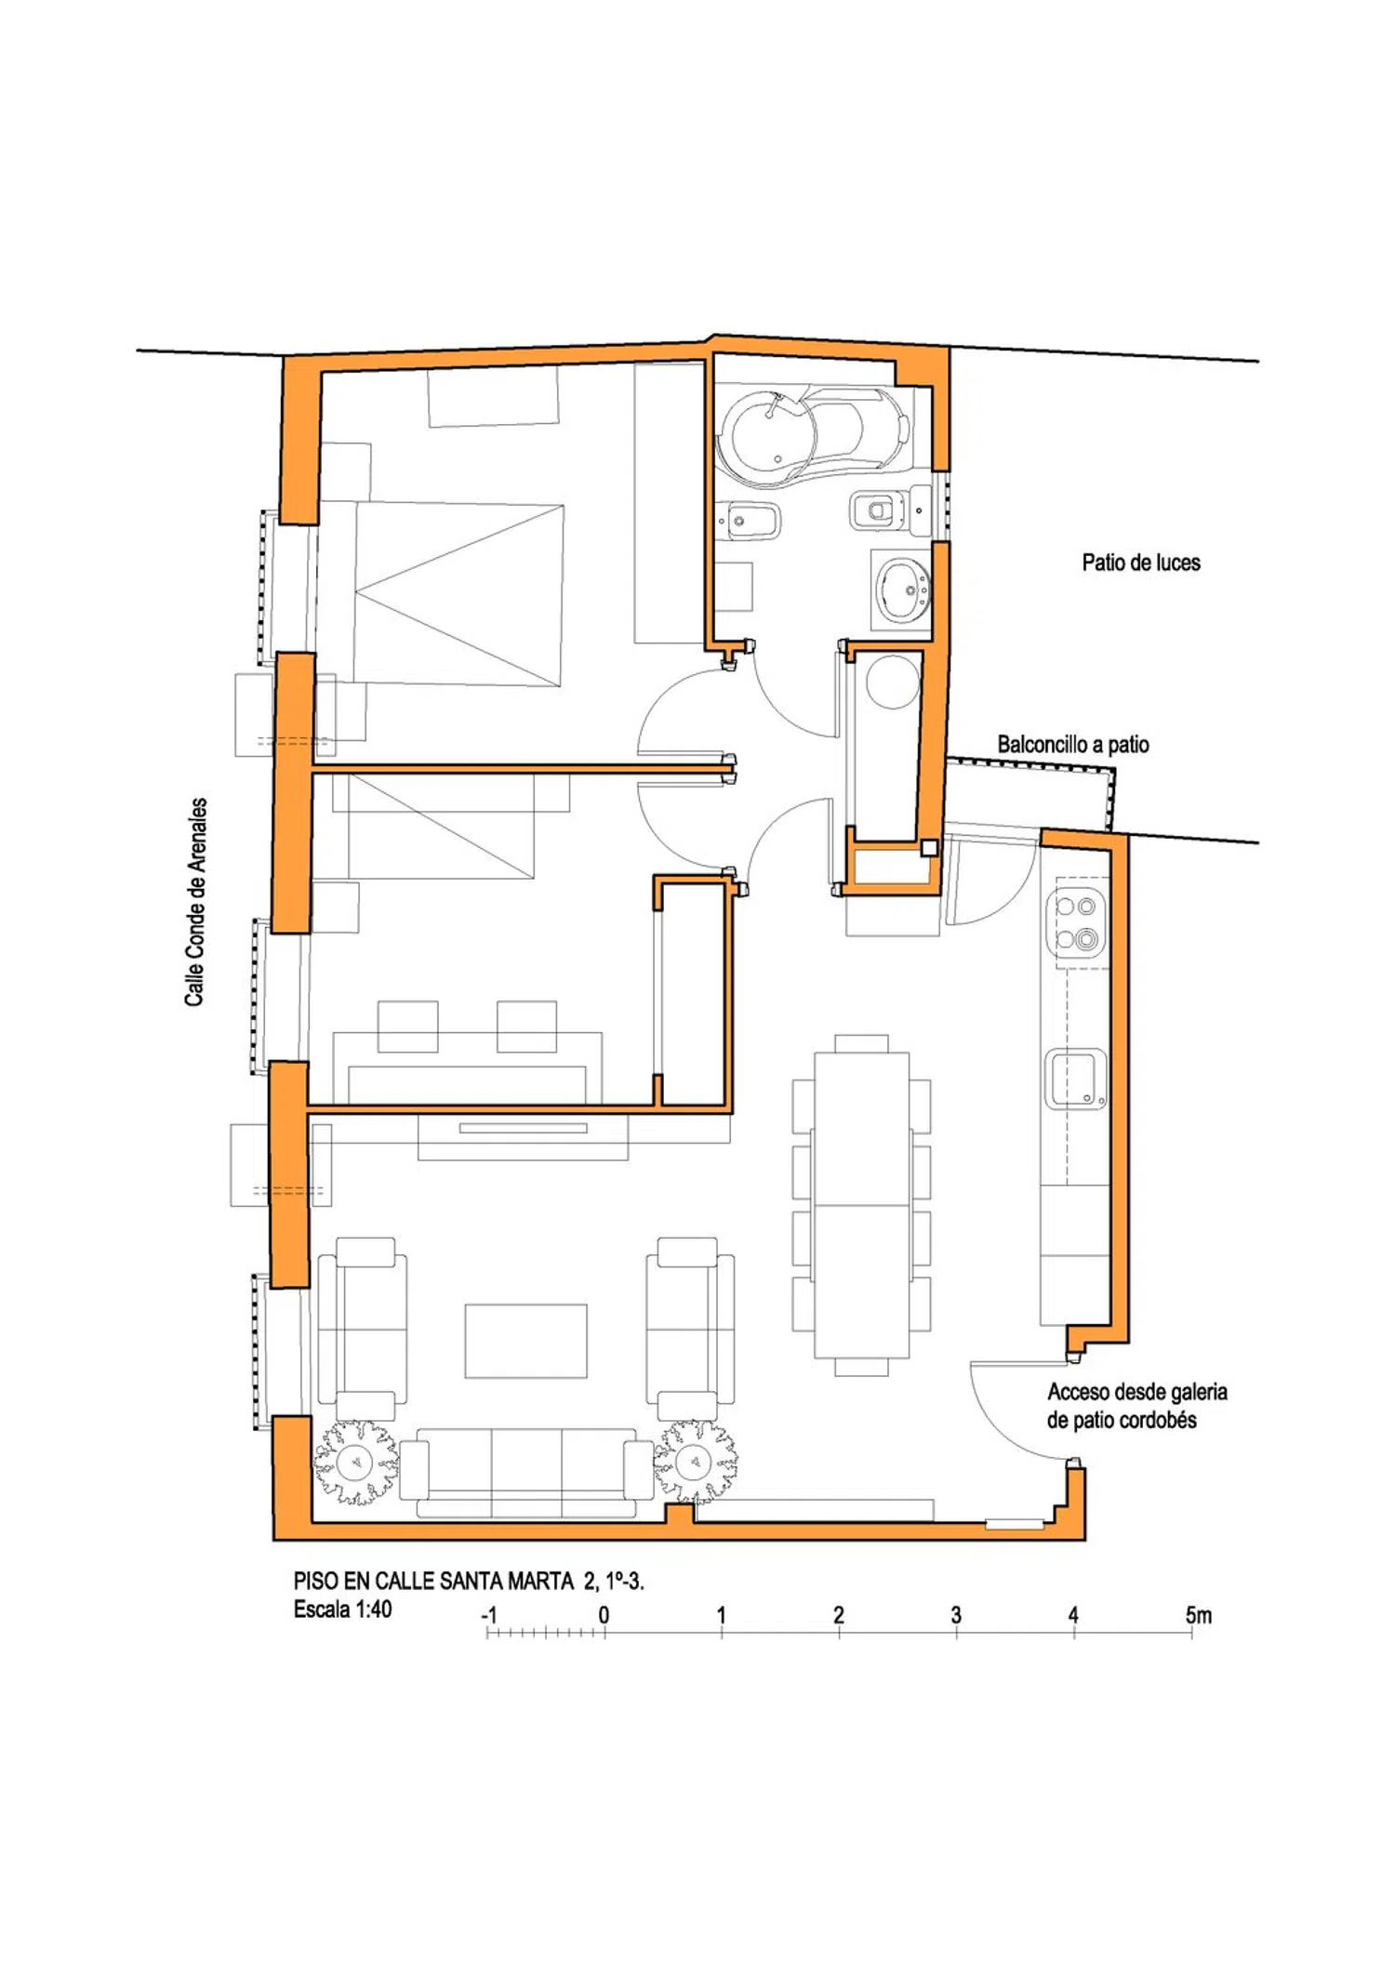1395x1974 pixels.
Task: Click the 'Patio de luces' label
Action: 1141,563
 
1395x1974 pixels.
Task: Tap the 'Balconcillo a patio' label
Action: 1073,744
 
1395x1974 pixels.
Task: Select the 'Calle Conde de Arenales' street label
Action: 195,902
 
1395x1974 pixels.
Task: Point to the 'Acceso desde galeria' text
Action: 1137,1392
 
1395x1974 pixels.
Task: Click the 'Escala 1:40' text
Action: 342,1610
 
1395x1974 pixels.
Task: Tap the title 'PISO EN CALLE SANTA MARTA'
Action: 433,1581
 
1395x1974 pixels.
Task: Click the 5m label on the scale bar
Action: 1198,1615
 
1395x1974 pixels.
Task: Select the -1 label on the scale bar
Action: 489,1615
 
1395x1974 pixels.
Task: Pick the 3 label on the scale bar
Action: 956,1615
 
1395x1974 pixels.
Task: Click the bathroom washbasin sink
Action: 902,589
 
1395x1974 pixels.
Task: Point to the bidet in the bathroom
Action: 751,520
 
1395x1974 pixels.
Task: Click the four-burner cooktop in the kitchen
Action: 1077,922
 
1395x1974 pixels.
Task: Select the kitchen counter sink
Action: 1076,1079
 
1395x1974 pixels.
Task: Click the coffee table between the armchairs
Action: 526,1341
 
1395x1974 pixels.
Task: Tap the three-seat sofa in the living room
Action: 526,1474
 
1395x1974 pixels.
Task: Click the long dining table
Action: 861,1205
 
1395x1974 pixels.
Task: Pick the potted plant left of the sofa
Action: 354,1463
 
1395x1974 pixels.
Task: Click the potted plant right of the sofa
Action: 695,1462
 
